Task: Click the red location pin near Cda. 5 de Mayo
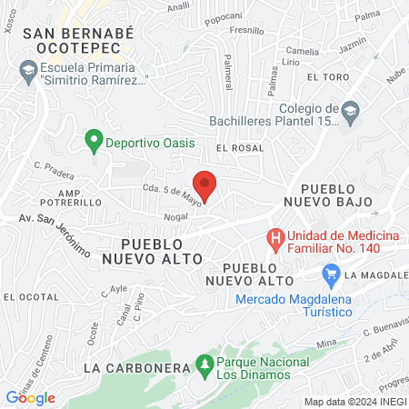point(204,185)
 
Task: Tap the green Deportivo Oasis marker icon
point(92,141)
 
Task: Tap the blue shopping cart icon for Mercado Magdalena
point(331,273)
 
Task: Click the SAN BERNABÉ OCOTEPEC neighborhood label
point(78,41)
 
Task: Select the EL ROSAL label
point(240,147)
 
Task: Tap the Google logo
point(30,397)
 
